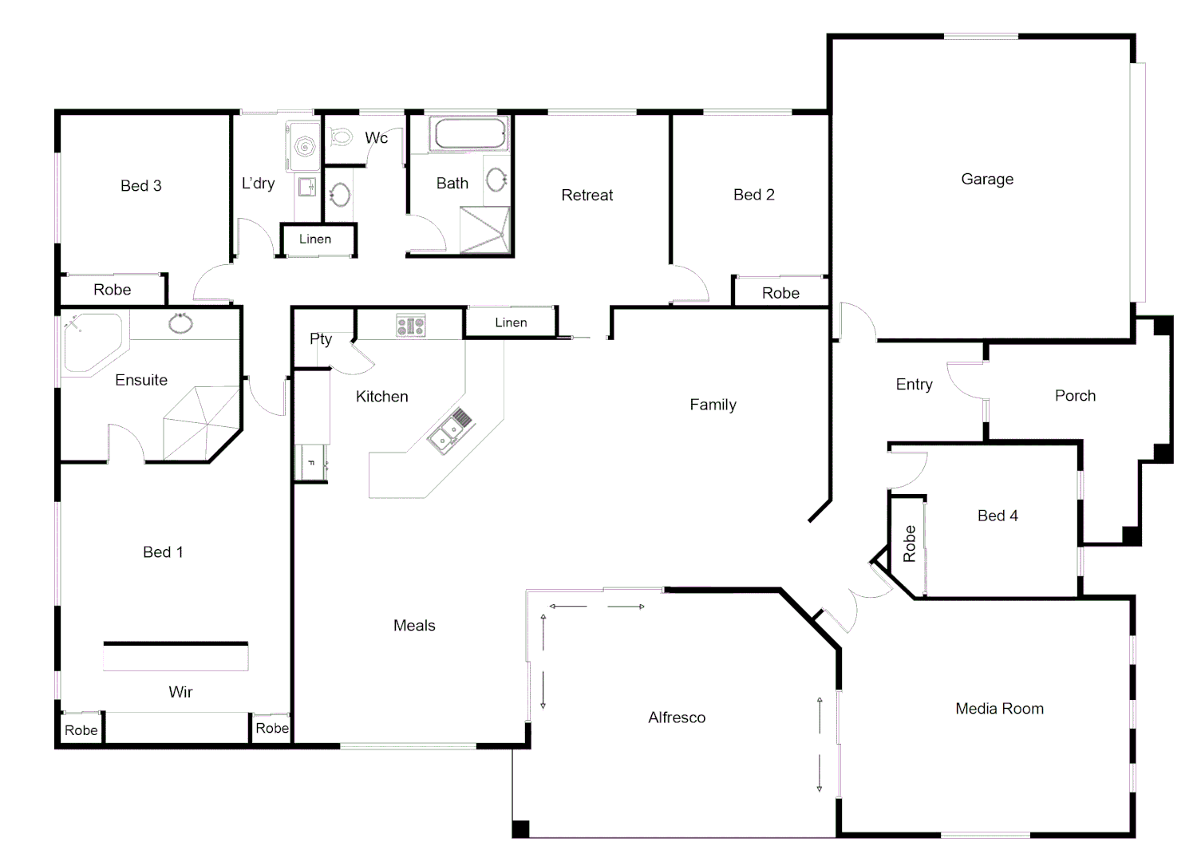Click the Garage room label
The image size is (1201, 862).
click(x=987, y=180)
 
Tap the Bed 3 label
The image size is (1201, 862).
click(x=141, y=186)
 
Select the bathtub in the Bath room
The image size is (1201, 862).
click(x=470, y=134)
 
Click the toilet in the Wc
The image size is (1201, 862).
click(x=342, y=137)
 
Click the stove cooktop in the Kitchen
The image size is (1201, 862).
click(x=411, y=326)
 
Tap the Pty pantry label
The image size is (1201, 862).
click(x=321, y=339)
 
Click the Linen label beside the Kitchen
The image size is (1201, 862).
click(x=511, y=322)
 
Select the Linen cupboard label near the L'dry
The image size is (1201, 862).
click(x=315, y=239)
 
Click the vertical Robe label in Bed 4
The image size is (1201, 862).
click(x=910, y=544)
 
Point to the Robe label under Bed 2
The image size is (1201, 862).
click(x=780, y=293)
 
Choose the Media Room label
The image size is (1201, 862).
click(x=999, y=709)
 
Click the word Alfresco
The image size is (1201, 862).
click(x=677, y=718)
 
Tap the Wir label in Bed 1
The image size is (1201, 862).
click(x=180, y=692)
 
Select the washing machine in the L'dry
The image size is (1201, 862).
click(x=304, y=144)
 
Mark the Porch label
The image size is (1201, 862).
click(x=1075, y=396)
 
